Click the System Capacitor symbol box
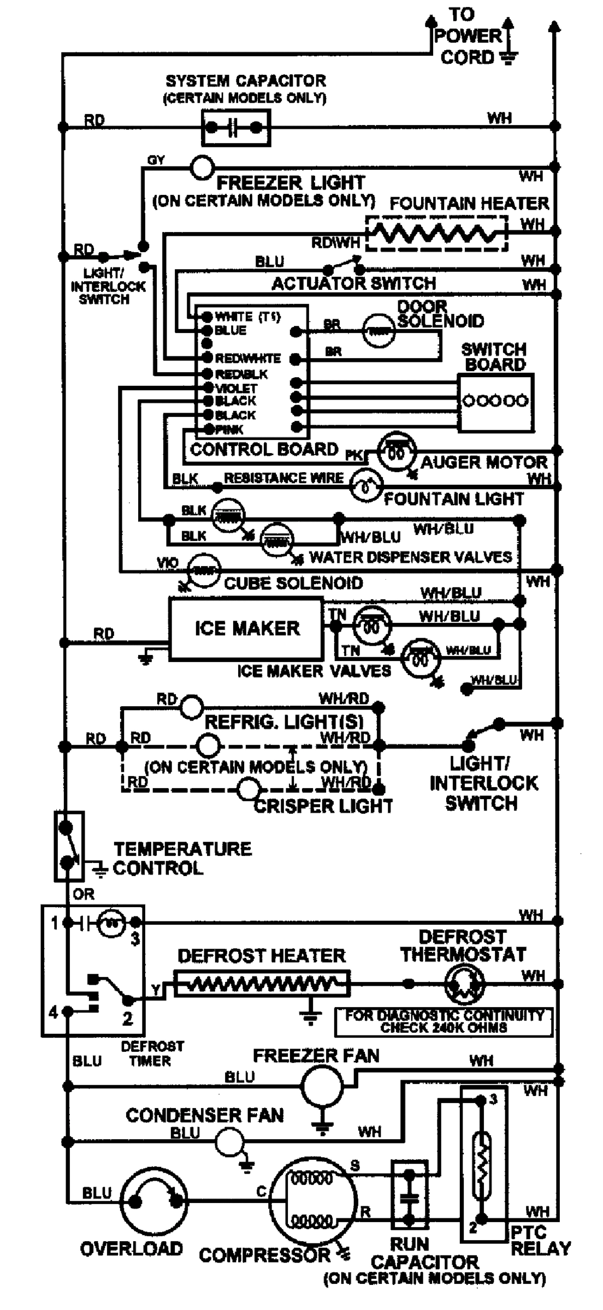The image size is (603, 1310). pos(235,128)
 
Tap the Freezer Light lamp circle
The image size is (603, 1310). pos(202,167)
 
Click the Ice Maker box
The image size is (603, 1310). pos(246,628)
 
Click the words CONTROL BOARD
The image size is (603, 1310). pos(264,449)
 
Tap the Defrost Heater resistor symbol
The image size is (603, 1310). pos(262,984)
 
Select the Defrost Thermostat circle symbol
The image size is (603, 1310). pos(463,984)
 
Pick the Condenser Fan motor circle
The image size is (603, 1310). pos(229,1141)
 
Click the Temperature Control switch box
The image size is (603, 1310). pos(69,846)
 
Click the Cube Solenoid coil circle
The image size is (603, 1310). pos(203,570)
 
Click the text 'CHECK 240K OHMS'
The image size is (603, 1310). pos(444,1028)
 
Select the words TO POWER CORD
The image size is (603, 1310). pos(468,36)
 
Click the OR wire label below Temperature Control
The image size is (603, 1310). pos(83,894)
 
